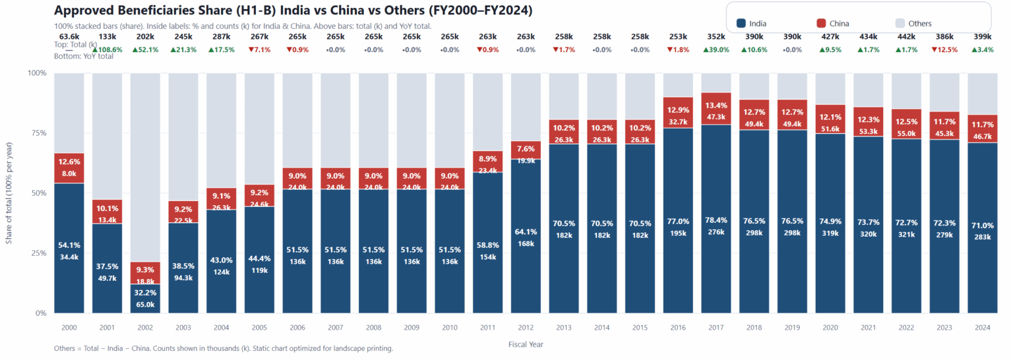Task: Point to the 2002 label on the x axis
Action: tap(145, 327)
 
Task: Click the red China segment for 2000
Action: tap(69, 167)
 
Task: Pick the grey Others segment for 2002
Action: tap(145, 165)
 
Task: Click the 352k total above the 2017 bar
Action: tap(716, 37)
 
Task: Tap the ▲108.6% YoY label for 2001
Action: tap(107, 49)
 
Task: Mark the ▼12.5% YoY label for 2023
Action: tap(945, 49)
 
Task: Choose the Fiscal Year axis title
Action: tap(526, 344)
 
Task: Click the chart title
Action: tap(293, 11)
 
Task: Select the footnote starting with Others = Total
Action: tap(224, 348)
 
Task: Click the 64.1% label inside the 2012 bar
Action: tap(526, 231)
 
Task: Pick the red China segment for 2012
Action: tap(526, 150)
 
